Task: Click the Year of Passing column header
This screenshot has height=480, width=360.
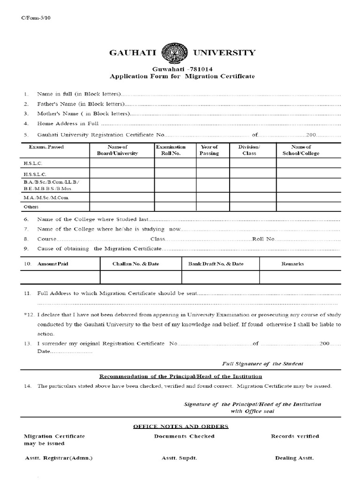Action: click(x=209, y=150)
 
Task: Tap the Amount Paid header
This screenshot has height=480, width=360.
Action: click(x=52, y=264)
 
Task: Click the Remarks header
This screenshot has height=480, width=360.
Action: click(x=292, y=264)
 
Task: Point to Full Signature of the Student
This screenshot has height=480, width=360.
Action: click(x=262, y=364)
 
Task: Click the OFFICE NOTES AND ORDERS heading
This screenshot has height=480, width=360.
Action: click(x=181, y=427)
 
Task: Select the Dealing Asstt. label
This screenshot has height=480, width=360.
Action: click(x=294, y=458)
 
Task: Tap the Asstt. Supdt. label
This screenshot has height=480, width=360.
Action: click(x=179, y=458)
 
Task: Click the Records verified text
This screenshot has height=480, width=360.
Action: click(x=295, y=436)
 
